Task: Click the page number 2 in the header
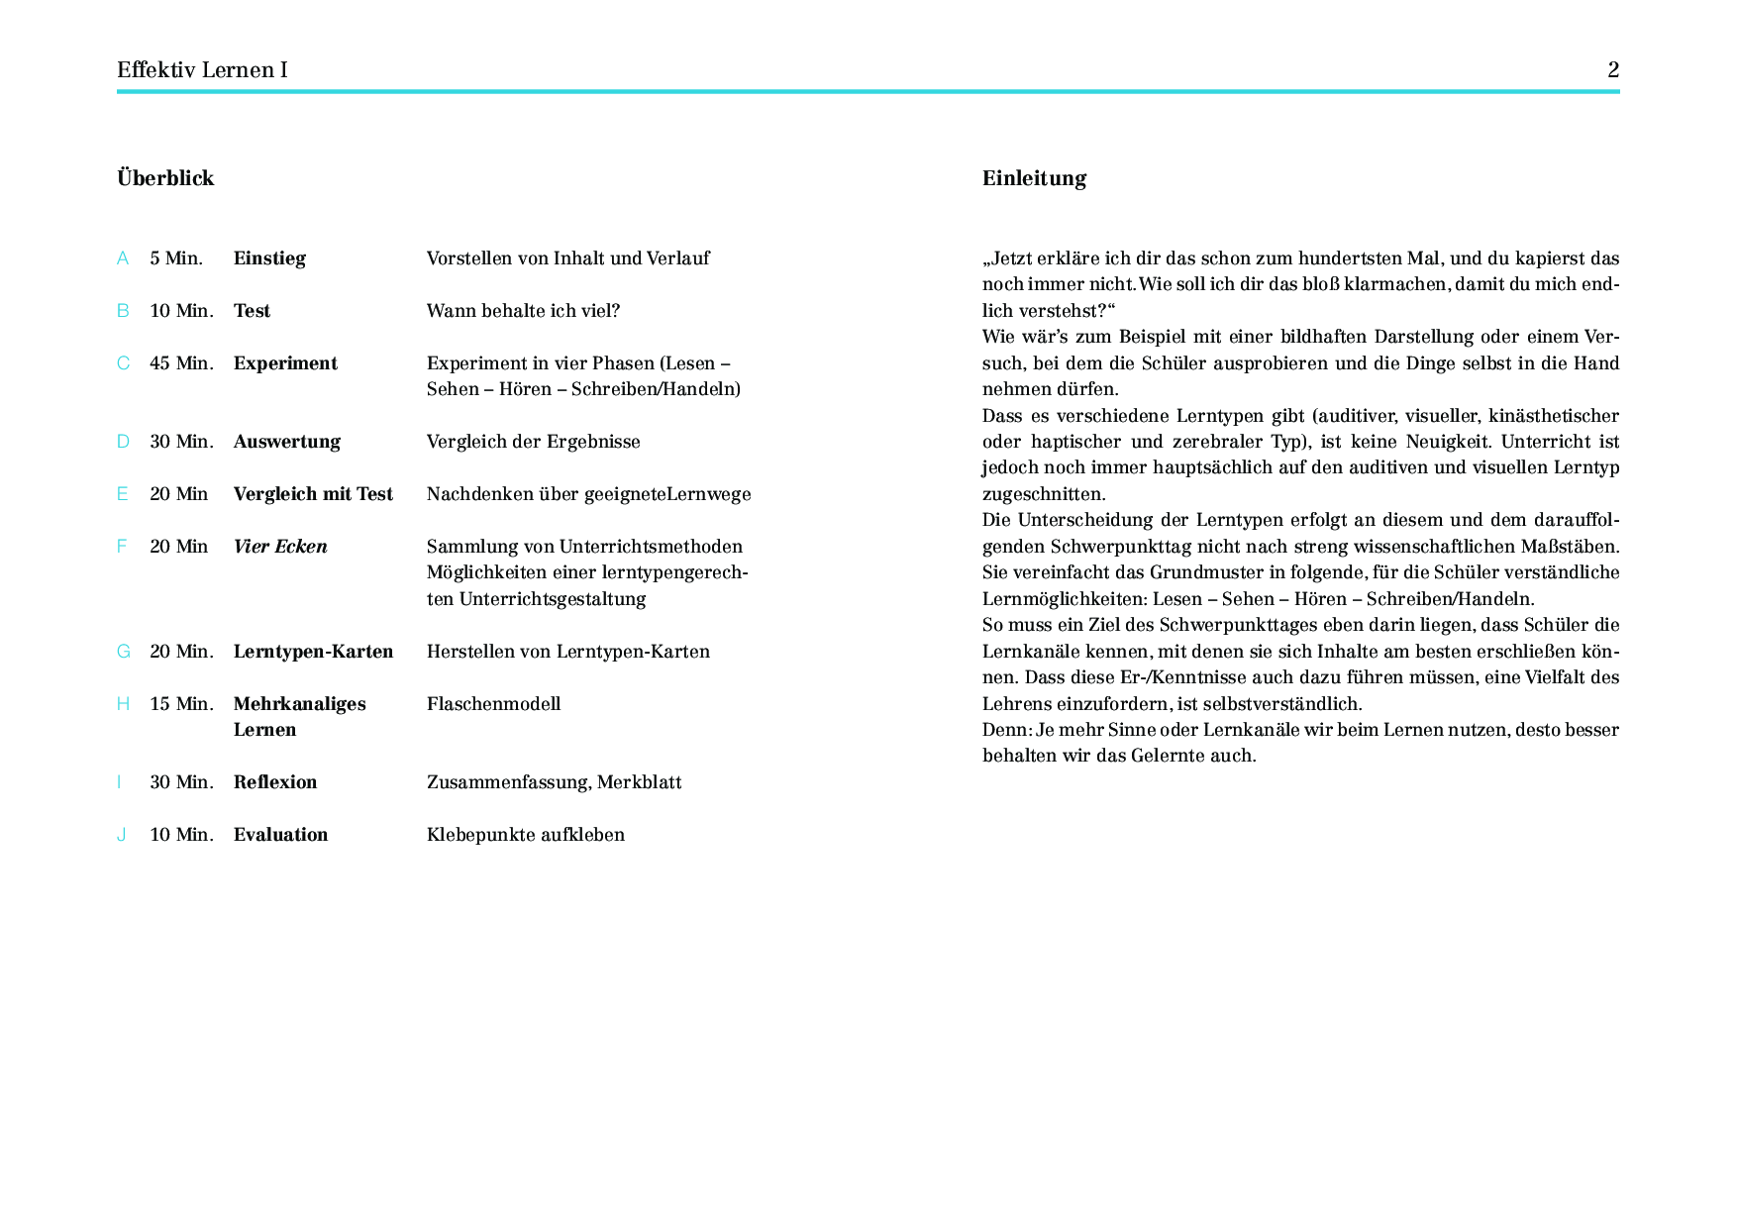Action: (x=1613, y=69)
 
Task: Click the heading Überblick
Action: (x=165, y=178)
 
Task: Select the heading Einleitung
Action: (x=1034, y=178)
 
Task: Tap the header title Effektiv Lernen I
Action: (x=202, y=69)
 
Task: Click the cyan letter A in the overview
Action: (x=123, y=258)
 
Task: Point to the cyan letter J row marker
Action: (x=122, y=835)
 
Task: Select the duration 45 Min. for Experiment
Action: (x=181, y=363)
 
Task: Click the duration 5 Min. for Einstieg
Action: (x=176, y=258)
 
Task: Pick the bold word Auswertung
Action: (x=286, y=442)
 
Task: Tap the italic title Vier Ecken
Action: (x=280, y=547)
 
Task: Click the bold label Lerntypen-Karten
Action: (x=313, y=652)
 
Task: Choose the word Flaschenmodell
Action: (x=493, y=704)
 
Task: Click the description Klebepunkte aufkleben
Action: (x=525, y=835)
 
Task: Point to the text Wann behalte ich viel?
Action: (x=523, y=311)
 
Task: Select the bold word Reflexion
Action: (x=275, y=782)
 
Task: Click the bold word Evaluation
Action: (x=280, y=835)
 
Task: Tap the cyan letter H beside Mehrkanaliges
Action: (x=123, y=704)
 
